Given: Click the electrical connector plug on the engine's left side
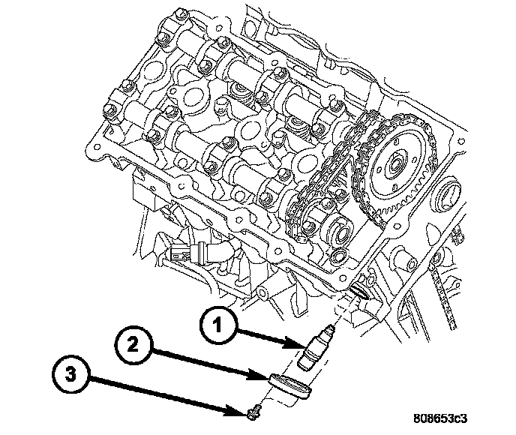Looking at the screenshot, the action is click(x=184, y=253).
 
